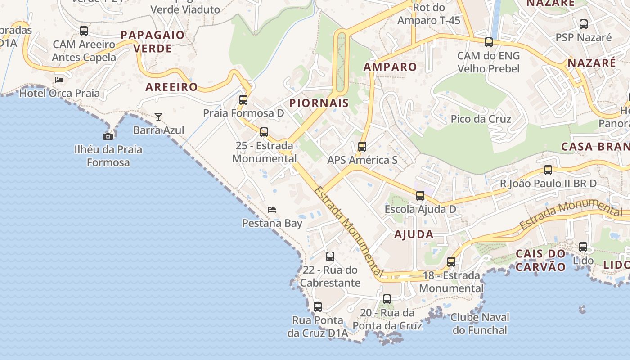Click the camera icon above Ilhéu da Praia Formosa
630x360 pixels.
tap(108, 136)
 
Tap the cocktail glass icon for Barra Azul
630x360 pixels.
tap(158, 117)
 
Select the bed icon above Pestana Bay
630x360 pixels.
tap(272, 210)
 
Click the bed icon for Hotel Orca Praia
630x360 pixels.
tap(59, 80)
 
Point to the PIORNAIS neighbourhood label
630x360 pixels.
tap(319, 103)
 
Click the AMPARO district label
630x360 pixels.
tap(390, 67)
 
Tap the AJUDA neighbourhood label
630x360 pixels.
tap(414, 234)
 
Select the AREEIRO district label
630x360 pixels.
tap(171, 87)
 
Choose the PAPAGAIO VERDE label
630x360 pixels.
tap(153, 41)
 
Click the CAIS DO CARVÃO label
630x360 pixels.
tap(540, 260)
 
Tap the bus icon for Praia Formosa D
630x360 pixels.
tap(243, 100)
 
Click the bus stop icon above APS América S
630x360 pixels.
tap(362, 147)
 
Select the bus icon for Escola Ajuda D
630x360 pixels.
tap(420, 196)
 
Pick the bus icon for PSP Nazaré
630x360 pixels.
tap(584, 24)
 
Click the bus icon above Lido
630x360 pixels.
tap(583, 247)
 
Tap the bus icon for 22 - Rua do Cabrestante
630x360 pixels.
tap(330, 256)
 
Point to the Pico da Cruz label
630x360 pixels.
tap(481, 119)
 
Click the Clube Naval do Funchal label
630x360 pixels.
tap(480, 324)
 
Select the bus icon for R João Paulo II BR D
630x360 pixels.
tap(548, 170)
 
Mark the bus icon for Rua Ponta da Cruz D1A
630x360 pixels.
tap(318, 307)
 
